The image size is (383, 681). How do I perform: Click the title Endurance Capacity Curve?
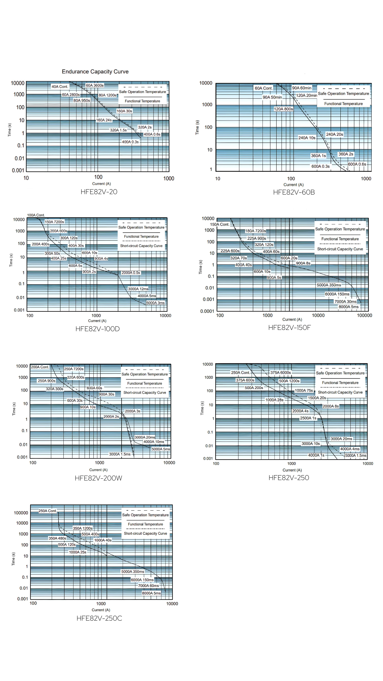tap(95, 72)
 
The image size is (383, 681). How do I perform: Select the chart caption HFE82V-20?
tap(99, 192)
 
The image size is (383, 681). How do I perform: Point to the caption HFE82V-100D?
tap(98, 329)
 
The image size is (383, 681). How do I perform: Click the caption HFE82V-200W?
tap(98, 478)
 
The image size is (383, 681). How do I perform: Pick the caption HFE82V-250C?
tap(99, 618)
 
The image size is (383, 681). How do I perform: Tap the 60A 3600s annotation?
tap(95, 85)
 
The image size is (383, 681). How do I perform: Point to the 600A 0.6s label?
tap(357, 164)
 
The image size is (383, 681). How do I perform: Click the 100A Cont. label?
tap(36, 215)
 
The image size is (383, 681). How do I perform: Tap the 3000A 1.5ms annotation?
tap(120, 454)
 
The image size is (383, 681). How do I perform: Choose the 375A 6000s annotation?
tap(280, 372)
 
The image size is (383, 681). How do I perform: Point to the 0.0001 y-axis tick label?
tap(207, 311)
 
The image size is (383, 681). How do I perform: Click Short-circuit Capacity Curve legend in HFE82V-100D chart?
tap(141, 246)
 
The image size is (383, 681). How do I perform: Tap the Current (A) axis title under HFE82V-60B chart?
tap(293, 185)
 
